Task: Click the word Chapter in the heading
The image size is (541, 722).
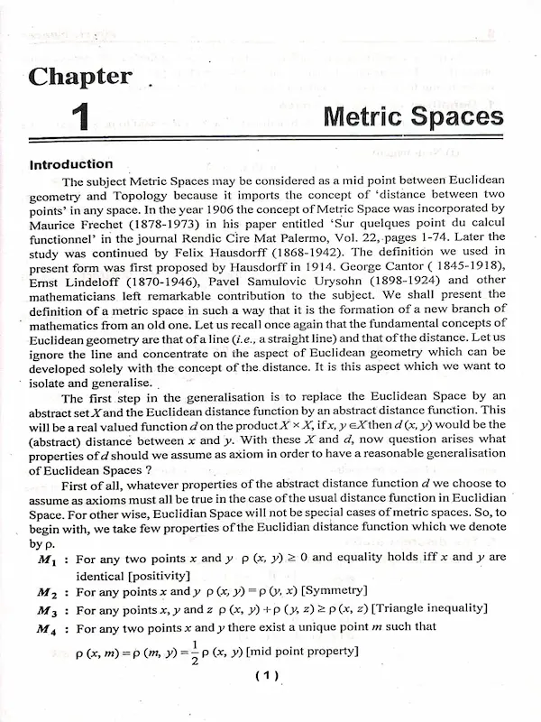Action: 80,77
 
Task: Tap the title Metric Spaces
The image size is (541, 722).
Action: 413,116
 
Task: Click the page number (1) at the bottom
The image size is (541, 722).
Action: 268,675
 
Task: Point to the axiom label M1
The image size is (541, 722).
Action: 47,559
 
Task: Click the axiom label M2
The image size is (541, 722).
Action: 47,591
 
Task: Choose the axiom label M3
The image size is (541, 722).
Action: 47,610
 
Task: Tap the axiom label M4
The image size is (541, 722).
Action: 47,629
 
